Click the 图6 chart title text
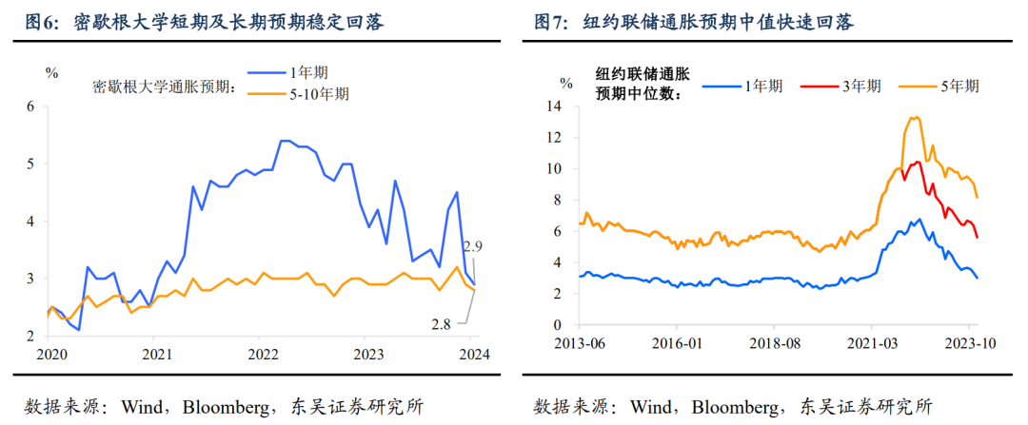coord(204,22)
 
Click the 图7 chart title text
coord(709,22)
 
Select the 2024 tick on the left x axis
coord(473,355)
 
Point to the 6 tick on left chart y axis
coord(30,106)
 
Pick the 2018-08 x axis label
coord(773,342)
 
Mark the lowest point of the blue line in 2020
coord(78,330)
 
